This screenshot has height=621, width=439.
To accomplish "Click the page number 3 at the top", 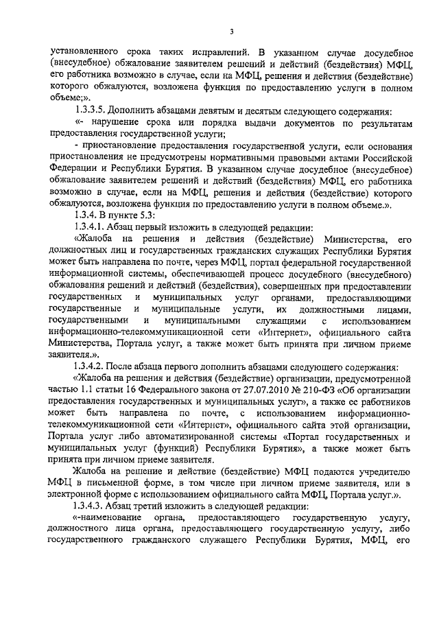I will (x=232, y=31).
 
